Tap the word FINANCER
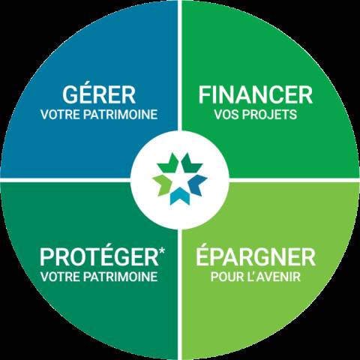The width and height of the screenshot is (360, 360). point(256,94)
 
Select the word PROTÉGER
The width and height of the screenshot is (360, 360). point(99,257)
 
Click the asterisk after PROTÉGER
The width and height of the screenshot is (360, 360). point(162,251)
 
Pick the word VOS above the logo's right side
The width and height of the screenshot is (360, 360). point(227,115)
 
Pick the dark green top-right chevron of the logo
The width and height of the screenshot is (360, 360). point(191,163)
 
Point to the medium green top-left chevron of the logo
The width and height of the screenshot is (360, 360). point(169,163)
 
